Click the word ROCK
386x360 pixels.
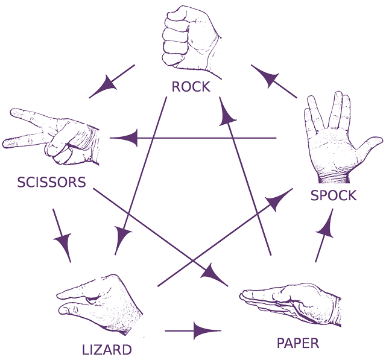191,86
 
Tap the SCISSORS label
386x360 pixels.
51,182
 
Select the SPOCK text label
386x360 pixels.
334,195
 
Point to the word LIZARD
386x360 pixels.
106,349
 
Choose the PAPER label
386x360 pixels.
297,343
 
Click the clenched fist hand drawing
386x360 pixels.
191,38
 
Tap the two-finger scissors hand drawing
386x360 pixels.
54,136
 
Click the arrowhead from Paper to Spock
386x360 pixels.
325,226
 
